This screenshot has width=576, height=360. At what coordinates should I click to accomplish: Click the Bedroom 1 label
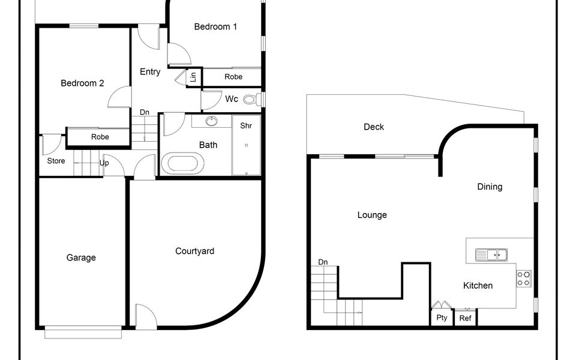point(215,26)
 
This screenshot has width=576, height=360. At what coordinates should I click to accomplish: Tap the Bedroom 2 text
point(82,83)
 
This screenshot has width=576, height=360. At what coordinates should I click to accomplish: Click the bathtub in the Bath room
point(182,164)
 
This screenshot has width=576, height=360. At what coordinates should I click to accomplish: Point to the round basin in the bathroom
point(211,121)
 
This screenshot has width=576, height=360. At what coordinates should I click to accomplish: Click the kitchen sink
point(491,254)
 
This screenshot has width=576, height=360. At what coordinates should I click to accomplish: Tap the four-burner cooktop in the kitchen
point(524,278)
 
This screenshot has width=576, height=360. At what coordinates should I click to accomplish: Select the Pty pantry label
point(442,317)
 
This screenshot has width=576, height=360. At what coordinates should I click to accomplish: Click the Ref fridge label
point(465,318)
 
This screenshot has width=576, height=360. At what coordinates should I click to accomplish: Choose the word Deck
point(374,127)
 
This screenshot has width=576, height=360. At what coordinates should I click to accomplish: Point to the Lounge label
point(372,215)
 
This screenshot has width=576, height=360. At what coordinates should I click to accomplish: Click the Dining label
point(490,187)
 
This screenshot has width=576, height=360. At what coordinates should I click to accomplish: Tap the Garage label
point(81,257)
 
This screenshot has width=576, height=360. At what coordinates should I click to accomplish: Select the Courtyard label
point(194,251)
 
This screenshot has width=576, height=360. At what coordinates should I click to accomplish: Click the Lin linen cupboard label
point(193,77)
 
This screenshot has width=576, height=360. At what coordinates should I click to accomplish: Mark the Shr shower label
point(246,125)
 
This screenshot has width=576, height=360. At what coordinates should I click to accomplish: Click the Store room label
point(56,161)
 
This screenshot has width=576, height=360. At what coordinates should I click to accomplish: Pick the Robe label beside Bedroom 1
point(233,77)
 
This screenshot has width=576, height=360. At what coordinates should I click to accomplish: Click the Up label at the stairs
point(104,163)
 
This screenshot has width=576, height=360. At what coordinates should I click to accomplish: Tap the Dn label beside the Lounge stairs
point(323,262)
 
